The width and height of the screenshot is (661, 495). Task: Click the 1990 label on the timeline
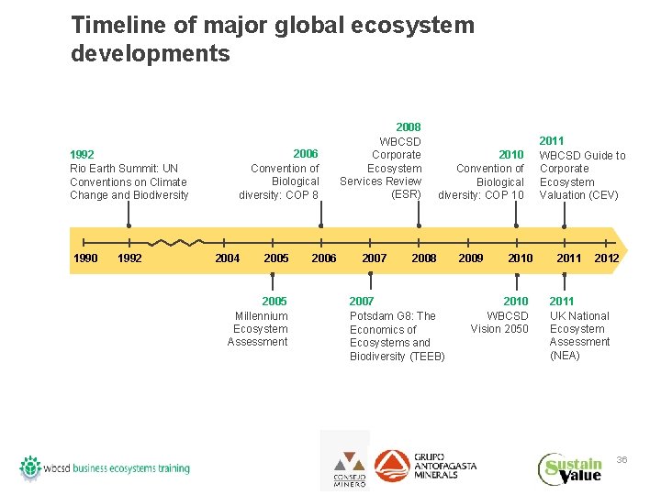(x=85, y=258)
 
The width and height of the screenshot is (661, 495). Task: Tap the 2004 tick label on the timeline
(x=227, y=258)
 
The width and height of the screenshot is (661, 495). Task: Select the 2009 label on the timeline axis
(x=471, y=258)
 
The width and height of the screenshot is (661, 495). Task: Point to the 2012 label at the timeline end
(x=606, y=258)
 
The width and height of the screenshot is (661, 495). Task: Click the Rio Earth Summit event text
(x=129, y=175)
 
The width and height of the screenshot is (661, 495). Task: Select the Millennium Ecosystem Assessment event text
(x=258, y=322)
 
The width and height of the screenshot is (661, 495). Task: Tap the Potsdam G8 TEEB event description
(x=397, y=329)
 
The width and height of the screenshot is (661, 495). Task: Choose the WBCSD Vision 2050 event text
(x=500, y=315)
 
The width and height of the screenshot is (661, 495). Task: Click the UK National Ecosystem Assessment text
(x=578, y=329)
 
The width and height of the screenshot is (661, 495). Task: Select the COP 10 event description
(x=482, y=175)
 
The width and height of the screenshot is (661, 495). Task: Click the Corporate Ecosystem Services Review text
(x=381, y=161)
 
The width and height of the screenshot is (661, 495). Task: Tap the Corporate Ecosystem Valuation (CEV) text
(x=582, y=169)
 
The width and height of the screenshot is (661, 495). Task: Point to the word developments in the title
(x=151, y=54)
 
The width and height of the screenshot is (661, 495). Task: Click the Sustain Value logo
(x=570, y=469)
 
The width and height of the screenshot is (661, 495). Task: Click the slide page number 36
(x=622, y=459)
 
